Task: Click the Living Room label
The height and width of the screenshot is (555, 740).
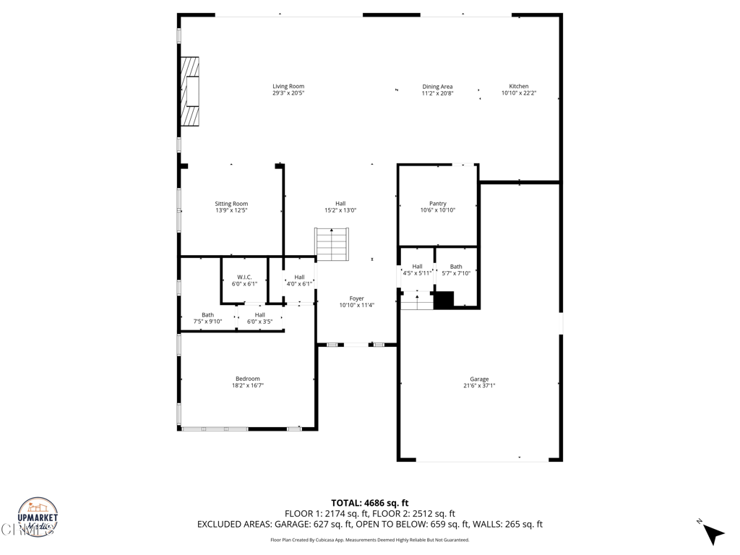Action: pos(288,87)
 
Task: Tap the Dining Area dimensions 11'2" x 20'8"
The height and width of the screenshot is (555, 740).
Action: pos(437,93)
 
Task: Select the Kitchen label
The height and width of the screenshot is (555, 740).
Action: pos(519,87)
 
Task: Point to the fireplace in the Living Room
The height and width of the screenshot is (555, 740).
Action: pos(189,92)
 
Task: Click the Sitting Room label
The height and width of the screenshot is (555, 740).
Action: pos(231,204)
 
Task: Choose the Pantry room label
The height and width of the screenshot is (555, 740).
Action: pos(437,204)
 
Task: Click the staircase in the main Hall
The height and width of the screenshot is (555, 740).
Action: pos(332,244)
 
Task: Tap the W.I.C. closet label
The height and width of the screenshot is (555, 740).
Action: pos(244,277)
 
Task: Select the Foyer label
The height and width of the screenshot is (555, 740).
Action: pos(356,298)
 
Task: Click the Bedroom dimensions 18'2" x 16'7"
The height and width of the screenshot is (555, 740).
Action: pos(248,386)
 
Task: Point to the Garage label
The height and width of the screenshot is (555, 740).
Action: pos(479,379)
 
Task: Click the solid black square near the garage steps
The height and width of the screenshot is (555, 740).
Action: pos(443,300)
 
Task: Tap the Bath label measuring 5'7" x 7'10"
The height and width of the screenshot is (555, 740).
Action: pos(456,267)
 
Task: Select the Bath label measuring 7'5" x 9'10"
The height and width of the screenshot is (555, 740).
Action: pos(207,315)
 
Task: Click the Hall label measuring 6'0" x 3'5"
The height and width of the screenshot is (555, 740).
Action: pos(259,315)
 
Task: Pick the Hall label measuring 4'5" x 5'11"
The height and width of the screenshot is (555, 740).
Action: pos(417,267)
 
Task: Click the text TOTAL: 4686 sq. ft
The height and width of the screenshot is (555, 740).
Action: pos(369,503)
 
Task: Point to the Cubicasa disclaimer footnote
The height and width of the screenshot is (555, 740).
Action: pos(369,540)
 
